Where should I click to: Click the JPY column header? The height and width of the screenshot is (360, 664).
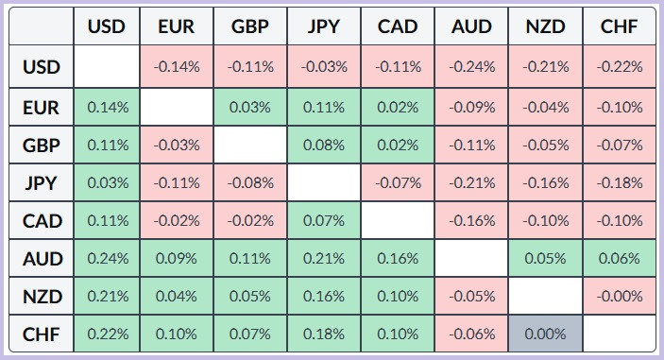pos(324,26)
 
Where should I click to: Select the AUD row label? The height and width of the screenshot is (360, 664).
pos(42,258)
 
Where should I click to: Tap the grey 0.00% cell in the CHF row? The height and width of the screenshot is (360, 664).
pos(545,334)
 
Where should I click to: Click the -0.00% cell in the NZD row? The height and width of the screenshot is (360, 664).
pos(620,296)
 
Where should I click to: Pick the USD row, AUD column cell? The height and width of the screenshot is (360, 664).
pos(471,66)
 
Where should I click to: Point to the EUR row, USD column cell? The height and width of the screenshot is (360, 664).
pos(107,107)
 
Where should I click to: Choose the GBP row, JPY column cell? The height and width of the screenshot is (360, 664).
pos(324,146)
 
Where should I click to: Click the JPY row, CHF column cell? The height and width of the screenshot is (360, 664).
pos(620,183)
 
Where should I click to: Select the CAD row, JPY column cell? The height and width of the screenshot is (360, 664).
pos(324,221)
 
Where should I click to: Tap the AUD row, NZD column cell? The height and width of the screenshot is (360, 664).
pos(545,258)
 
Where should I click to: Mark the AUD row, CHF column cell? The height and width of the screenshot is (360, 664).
pos(620,258)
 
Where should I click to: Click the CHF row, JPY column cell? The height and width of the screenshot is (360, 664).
pos(324,334)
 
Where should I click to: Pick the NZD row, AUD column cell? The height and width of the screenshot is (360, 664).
pos(471,296)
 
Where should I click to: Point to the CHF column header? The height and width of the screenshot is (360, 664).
pos(620,26)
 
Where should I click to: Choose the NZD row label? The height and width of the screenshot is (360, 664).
pos(42,296)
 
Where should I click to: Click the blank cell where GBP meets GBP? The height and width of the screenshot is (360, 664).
pos(250,146)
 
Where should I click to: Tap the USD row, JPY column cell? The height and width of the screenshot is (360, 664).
pos(324,66)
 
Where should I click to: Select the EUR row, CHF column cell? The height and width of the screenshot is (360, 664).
pos(620,107)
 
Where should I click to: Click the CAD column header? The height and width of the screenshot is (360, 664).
pos(398,26)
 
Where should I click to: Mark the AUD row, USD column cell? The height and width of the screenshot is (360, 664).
pos(107,258)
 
